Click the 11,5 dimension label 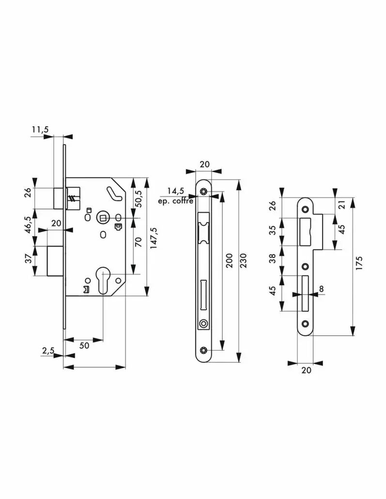click(x=40, y=130)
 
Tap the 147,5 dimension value click(x=154, y=238)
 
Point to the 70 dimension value click(x=138, y=243)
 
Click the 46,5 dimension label click(x=28, y=225)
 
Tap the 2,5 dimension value click(x=48, y=350)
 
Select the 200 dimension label click(x=229, y=261)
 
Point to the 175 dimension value click(x=359, y=263)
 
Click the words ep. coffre click(x=176, y=201)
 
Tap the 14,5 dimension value click(x=176, y=191)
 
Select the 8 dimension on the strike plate click(x=321, y=289)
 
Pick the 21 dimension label click(x=342, y=205)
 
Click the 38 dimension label click(x=273, y=258)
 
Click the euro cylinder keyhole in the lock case click(x=103, y=279)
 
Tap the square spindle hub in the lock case click(x=103, y=218)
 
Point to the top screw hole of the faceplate click(x=203, y=191)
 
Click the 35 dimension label click(x=273, y=230)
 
